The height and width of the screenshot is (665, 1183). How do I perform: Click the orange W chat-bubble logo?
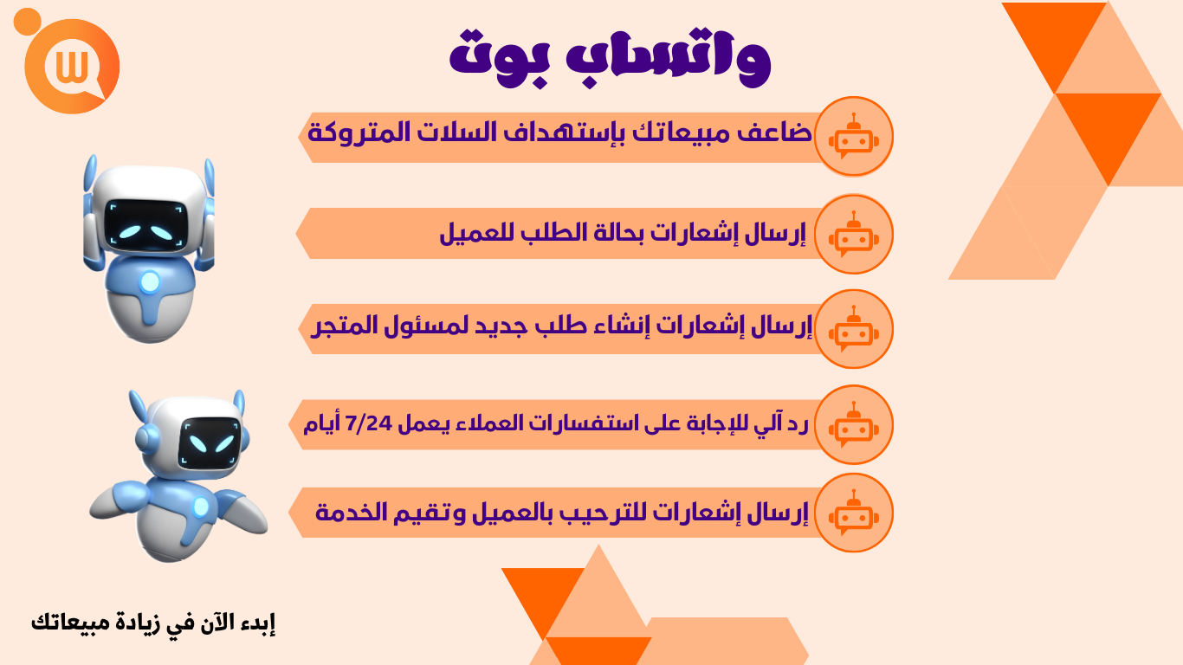click(x=73, y=67)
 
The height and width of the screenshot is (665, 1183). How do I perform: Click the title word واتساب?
click(x=668, y=56)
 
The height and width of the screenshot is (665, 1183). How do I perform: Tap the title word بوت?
click(x=499, y=59)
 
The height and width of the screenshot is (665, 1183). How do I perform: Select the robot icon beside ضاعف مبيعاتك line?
click(x=853, y=136)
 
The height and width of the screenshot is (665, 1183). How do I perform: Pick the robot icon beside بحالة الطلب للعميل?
click(x=853, y=234)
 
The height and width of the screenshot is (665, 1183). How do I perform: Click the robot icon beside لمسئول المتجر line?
click(x=853, y=328)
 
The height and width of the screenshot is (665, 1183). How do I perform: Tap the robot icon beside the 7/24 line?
click(x=853, y=424)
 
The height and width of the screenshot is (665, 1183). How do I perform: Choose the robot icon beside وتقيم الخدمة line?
click(x=853, y=513)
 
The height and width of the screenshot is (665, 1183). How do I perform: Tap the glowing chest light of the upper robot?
click(x=150, y=282)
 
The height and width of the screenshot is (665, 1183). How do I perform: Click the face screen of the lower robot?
click(x=209, y=442)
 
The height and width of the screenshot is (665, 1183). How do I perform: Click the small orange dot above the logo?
click(x=28, y=22)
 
